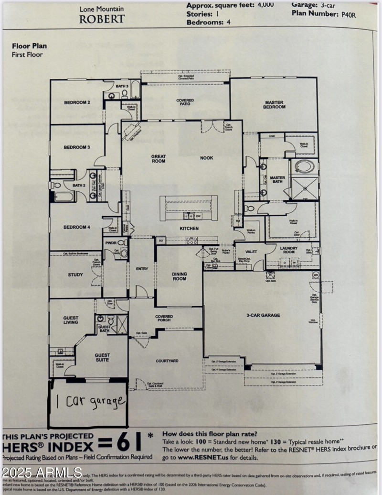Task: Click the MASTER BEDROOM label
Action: point(275,105)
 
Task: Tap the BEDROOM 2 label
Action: point(77,102)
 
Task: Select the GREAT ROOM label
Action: point(159,158)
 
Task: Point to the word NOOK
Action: point(206,158)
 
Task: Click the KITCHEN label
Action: point(189,229)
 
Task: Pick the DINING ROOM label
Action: point(180,276)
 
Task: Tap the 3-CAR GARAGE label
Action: point(263,315)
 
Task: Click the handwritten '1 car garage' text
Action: point(89,401)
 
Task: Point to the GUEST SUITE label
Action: point(102,357)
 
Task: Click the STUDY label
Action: point(75,275)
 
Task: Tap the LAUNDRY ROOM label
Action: point(289,250)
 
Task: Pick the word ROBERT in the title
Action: point(102,19)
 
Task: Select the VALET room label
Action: point(251,252)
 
